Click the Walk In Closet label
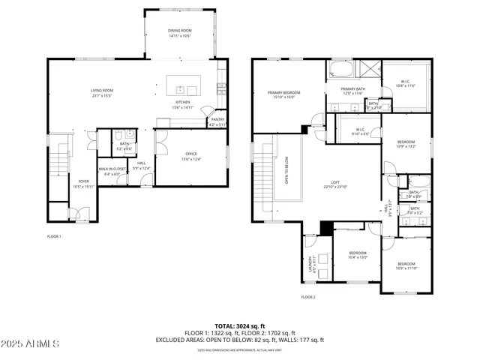[x=111, y=171]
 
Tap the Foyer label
[x=83, y=183]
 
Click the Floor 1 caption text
[x=54, y=237]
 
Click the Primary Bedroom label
[x=283, y=94]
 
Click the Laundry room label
[x=310, y=264]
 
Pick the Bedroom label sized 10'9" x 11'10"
[x=406, y=265]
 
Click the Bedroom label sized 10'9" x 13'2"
[x=406, y=144]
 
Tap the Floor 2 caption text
[x=308, y=298]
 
